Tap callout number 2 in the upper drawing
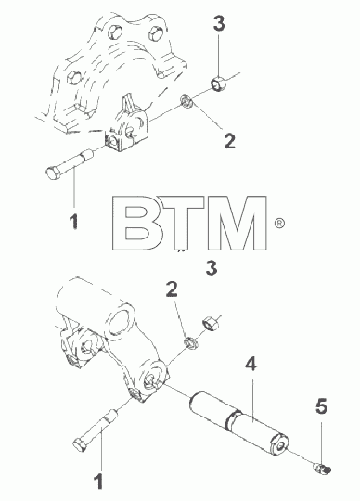(x=230, y=141)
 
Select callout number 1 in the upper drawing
(x=74, y=222)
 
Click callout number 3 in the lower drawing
(x=212, y=268)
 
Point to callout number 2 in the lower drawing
(x=172, y=289)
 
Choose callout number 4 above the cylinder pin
(x=251, y=364)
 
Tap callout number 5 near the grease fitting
(x=321, y=406)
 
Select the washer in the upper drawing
(x=186, y=101)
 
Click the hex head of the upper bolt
(x=52, y=173)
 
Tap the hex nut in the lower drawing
(x=211, y=324)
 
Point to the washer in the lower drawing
(x=191, y=343)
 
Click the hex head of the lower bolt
(x=80, y=443)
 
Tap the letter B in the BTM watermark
(x=133, y=223)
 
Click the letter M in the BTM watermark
(x=237, y=223)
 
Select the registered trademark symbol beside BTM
(x=279, y=223)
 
